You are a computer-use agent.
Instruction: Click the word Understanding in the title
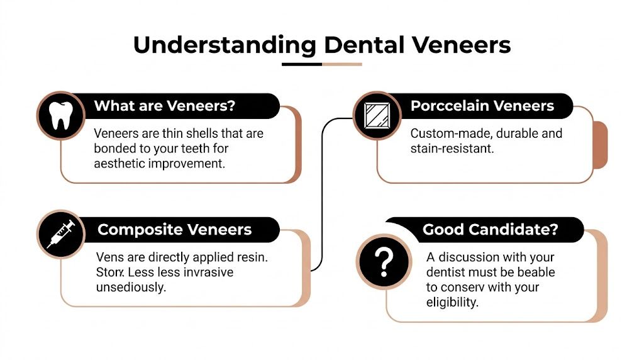(224, 45)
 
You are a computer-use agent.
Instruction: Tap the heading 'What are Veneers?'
(164, 106)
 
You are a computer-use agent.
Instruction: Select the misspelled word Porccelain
(448, 106)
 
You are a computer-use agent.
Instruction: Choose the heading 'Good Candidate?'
(490, 230)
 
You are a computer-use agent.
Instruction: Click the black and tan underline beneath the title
(321, 64)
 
